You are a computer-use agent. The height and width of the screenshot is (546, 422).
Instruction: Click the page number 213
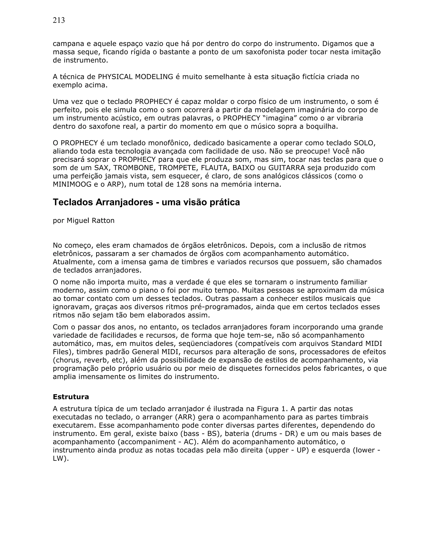point(59,20)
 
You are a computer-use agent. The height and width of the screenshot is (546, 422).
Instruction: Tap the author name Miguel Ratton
point(90,220)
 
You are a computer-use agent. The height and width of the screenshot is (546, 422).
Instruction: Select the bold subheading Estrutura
point(71,397)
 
